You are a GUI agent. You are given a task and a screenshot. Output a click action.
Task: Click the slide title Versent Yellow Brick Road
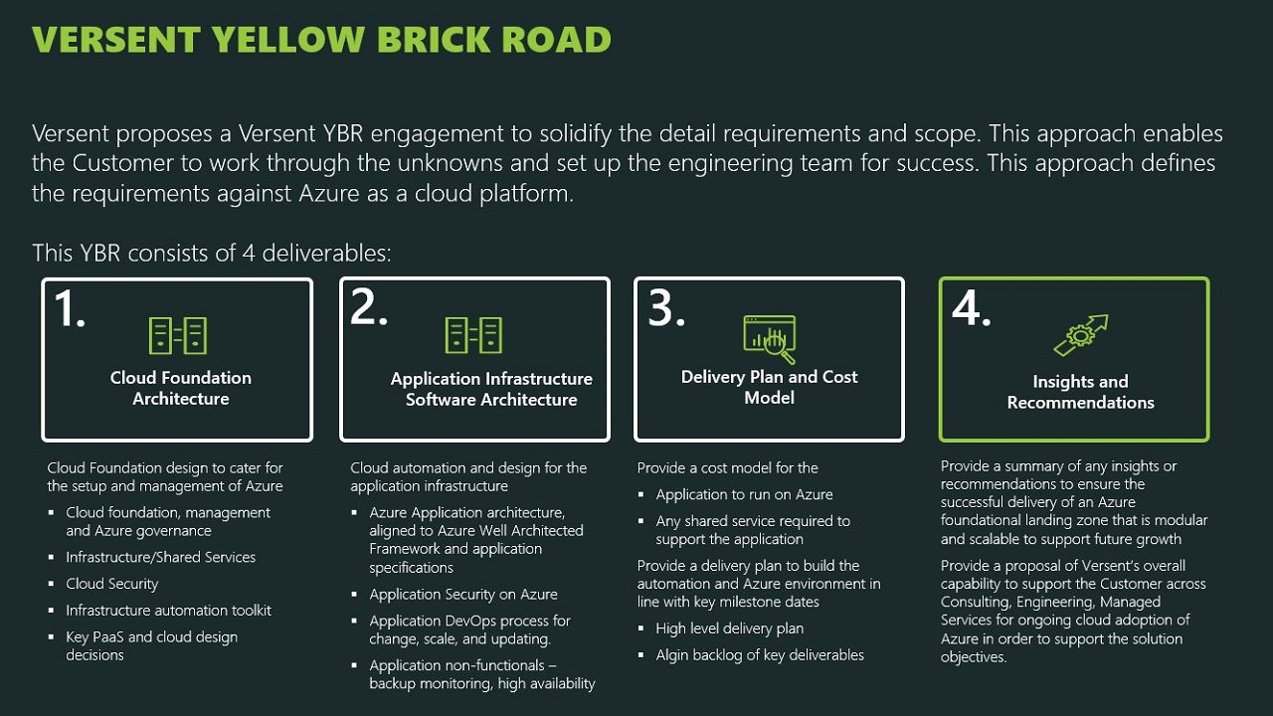[x=321, y=40]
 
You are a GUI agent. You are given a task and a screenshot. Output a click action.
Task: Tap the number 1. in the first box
[x=70, y=309]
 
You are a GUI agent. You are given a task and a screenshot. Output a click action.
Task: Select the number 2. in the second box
[x=369, y=309]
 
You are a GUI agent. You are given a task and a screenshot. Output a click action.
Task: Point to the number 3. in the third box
[x=666, y=309]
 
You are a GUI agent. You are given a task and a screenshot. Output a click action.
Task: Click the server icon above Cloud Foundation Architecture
[x=178, y=336]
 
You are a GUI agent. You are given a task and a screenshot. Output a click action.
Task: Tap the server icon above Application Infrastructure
[x=473, y=336]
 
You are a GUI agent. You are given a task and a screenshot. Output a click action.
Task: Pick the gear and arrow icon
[x=1080, y=336]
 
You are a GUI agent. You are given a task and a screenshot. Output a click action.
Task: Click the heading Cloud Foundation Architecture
[x=181, y=388]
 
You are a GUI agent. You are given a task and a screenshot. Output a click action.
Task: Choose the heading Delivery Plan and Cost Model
[x=769, y=387]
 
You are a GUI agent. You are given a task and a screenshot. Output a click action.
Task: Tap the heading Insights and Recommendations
[x=1080, y=392]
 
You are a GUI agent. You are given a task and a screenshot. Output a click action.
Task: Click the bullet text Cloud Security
[x=112, y=584]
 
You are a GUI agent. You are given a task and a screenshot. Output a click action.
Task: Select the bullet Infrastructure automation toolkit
[x=168, y=611]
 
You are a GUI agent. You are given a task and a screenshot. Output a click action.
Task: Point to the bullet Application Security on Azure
[x=463, y=594]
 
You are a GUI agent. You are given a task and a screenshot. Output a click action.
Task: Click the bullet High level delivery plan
[x=729, y=628]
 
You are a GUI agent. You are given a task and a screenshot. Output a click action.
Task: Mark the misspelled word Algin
[x=673, y=655]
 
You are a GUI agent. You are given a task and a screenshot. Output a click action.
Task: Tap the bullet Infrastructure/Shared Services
[x=161, y=557]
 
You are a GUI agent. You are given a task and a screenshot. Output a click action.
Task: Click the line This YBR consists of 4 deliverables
[x=212, y=253]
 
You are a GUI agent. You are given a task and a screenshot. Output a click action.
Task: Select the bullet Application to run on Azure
[x=744, y=494]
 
